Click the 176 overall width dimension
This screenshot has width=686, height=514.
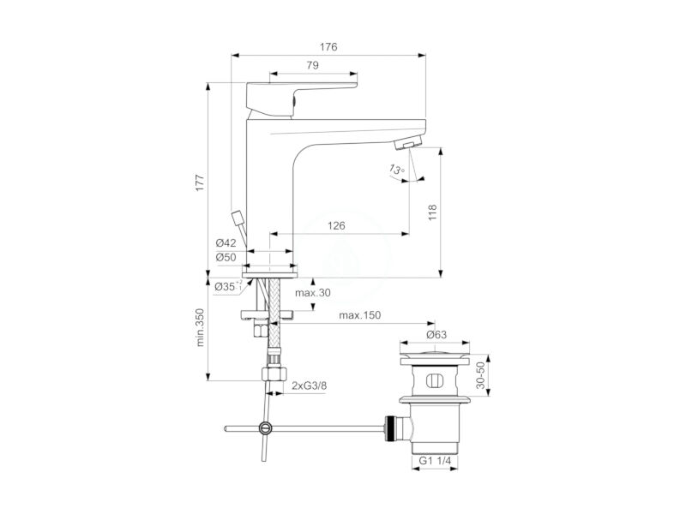click(x=328, y=47)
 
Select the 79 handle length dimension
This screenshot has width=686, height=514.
click(x=312, y=65)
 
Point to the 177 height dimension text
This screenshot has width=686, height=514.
click(x=200, y=182)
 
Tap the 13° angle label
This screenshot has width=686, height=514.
click(x=397, y=170)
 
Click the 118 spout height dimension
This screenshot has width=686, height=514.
click(x=432, y=212)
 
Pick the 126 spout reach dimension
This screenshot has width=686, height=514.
click(x=336, y=225)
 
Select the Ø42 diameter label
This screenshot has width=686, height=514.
click(x=226, y=243)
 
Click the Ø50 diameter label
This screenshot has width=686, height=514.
click(x=226, y=258)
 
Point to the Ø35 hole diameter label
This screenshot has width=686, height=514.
click(x=228, y=287)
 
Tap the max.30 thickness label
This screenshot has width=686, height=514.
click(x=313, y=293)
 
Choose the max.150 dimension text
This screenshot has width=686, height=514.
click(x=359, y=315)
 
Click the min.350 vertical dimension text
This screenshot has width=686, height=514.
click(x=200, y=327)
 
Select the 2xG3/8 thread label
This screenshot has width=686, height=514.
click(x=310, y=385)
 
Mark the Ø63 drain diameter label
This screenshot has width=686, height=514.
click(x=436, y=335)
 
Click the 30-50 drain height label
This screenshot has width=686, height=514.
click(x=480, y=375)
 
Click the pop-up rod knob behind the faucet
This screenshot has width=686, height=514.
click(x=238, y=218)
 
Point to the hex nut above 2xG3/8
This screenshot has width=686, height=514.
click(x=274, y=374)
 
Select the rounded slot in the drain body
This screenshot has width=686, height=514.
click(x=435, y=380)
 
